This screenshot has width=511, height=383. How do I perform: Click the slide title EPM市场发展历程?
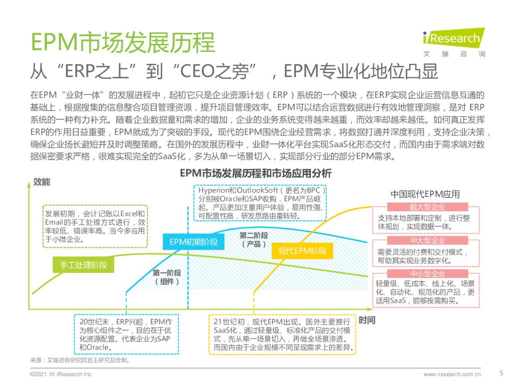pyautogui.click(x=123, y=42)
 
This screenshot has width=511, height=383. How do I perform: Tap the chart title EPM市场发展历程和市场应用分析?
pyautogui.click(x=255, y=174)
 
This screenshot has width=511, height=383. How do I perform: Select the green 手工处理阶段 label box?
pyautogui.click(x=83, y=265)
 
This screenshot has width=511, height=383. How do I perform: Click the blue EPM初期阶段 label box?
pyautogui.click(x=194, y=242)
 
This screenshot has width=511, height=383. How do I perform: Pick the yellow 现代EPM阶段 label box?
pyautogui.click(x=302, y=251)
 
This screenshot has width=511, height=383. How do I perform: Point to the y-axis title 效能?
pyautogui.click(x=42, y=182)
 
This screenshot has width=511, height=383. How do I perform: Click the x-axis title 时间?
pyautogui.click(x=367, y=320)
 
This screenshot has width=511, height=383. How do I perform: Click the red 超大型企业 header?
pyautogui.click(x=427, y=207)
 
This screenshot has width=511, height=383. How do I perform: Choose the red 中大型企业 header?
pyautogui.click(x=427, y=240)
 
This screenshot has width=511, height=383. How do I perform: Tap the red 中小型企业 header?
pyautogui.click(x=427, y=274)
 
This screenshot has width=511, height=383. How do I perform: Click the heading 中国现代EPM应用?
pyautogui.click(x=425, y=194)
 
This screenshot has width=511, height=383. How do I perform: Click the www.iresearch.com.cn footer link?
pyautogui.click(x=452, y=374)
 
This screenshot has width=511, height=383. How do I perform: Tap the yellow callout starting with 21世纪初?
pyautogui.click(x=282, y=334)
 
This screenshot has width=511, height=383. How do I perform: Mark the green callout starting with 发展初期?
pyautogui.click(x=94, y=226)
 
